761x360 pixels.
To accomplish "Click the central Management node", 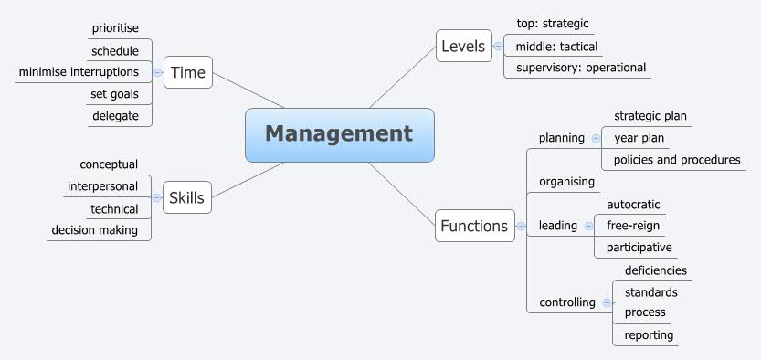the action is point(339,134).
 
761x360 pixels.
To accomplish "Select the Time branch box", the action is point(187,72).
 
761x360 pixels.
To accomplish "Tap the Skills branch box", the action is point(186,197).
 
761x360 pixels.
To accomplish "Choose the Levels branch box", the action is point(463,46).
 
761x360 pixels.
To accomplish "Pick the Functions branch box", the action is point(473,226).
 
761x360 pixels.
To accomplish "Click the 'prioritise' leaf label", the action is point(115,28).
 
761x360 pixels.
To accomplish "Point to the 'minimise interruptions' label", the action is point(79,71).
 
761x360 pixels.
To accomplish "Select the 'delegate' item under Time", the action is point(114,115).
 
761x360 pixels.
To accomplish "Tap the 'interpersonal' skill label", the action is point(102,186).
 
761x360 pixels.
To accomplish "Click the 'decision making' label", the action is point(95,230).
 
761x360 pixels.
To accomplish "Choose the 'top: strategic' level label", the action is point(553,24).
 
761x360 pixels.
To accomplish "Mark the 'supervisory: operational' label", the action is point(580,67).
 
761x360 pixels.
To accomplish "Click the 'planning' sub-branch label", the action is point(562,138).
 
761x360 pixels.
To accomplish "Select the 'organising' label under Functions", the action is point(566,181).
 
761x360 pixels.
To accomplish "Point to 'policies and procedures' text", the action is point(677,159).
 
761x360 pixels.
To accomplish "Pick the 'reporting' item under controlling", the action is point(649,334).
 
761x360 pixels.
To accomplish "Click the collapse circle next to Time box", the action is point(157,72).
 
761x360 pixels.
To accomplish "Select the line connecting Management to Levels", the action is point(402,77).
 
